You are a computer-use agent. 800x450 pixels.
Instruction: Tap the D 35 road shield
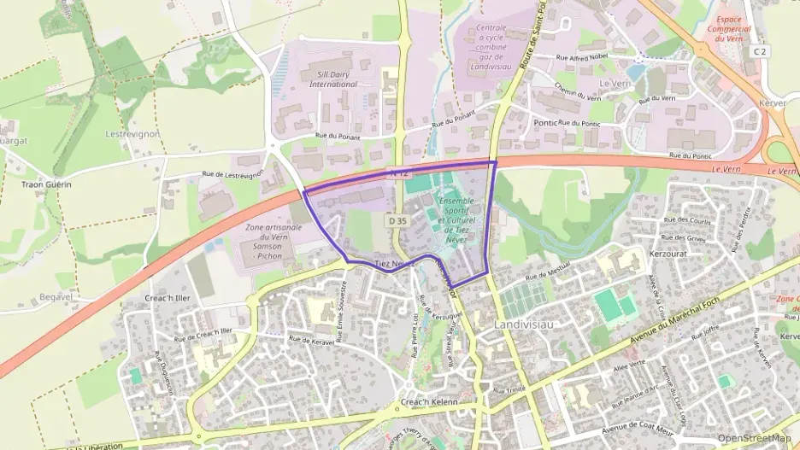[x=396, y=220]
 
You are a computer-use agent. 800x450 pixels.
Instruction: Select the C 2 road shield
[x=759, y=51]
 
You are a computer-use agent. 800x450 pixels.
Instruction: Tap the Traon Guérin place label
[x=46, y=184]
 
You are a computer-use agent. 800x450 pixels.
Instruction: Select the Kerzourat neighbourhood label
[x=668, y=254]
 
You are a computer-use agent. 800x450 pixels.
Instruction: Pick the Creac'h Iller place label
[x=167, y=298]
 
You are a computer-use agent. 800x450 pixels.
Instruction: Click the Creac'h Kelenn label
[x=429, y=402]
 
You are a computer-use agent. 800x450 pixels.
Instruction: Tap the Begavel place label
[x=56, y=297]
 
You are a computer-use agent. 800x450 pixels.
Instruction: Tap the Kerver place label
[x=772, y=102]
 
